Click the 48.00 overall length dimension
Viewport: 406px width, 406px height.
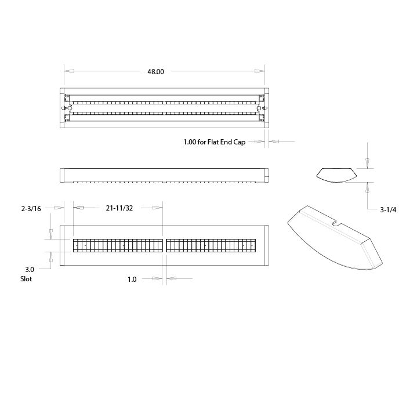point(155,72)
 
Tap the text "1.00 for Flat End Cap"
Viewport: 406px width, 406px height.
point(215,142)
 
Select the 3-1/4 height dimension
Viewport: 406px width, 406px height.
point(388,210)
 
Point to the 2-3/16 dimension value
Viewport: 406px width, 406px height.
point(31,208)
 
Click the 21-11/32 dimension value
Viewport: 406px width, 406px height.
point(119,208)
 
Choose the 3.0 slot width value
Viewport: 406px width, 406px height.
point(30,270)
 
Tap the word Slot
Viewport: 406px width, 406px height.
point(26,279)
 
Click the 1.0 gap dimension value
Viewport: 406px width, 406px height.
point(132,280)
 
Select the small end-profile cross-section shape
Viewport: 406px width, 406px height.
point(336,175)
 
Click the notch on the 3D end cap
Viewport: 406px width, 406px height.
point(336,223)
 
